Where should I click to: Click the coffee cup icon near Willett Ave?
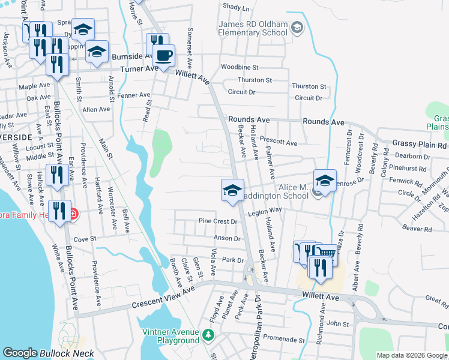point(163,57)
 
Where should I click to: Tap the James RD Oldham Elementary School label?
point(253,28)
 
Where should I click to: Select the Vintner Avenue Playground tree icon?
point(208,334)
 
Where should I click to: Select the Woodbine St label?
point(239,68)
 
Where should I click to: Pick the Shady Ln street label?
point(236,7)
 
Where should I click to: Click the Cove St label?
point(85,239)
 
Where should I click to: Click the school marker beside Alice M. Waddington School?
point(324,181)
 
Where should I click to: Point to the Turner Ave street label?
point(137,69)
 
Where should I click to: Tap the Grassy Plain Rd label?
point(420,145)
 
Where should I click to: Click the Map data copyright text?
point(411,355)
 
